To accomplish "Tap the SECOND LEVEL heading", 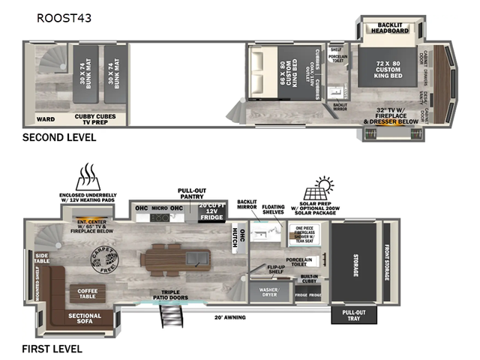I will [59, 137].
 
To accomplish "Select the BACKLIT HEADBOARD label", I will [390, 30].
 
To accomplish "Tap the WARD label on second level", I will [46, 118].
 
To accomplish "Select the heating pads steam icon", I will [88, 177].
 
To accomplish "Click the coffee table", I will [88, 293].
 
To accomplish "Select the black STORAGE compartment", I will [355, 262].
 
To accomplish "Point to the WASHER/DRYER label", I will [268, 291].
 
